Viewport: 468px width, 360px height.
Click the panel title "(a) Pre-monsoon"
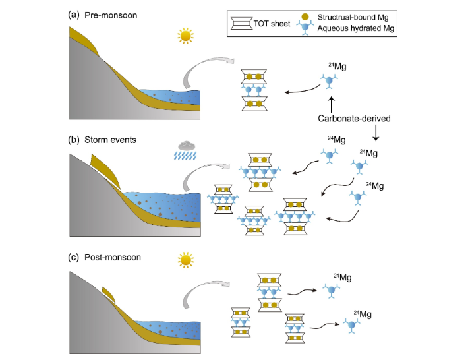(103, 15)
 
